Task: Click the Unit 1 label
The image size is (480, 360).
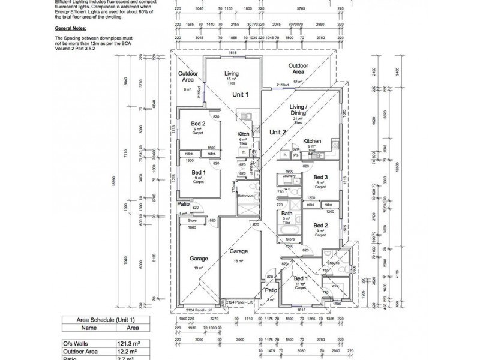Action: [x=241, y=95]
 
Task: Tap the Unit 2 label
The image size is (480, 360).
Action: [x=277, y=132]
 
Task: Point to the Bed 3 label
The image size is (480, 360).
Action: [x=320, y=177]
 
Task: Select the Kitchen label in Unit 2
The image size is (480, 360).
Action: [x=311, y=141]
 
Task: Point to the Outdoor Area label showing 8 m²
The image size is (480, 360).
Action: [x=188, y=76]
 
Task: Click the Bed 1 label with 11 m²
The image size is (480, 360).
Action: [x=300, y=279]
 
